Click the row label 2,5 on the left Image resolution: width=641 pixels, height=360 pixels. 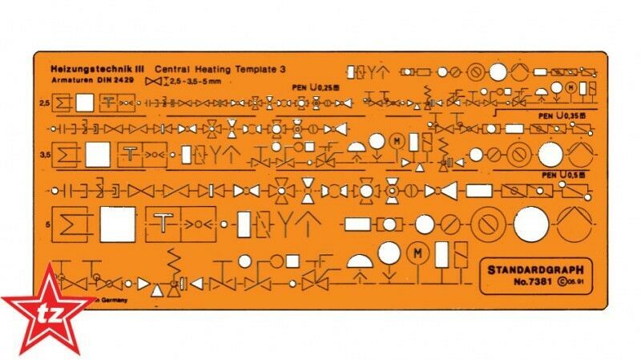(x=43, y=103)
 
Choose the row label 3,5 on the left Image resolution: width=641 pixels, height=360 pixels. (x=43, y=152)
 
